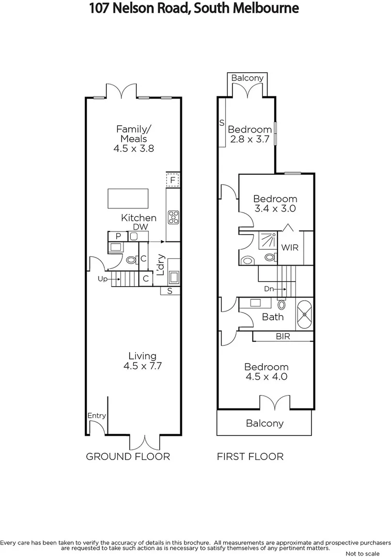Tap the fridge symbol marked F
[173, 181]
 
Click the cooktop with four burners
[173, 218]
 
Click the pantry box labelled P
[118, 236]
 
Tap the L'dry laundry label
[160, 264]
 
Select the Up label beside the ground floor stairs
[102, 279]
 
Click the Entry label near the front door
[97, 416]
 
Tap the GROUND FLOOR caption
[128, 456]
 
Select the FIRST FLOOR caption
[250, 456]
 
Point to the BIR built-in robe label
[283, 336]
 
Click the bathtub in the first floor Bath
[304, 314]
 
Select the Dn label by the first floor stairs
[269, 289]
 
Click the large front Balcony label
[264, 423]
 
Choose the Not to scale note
[363, 553]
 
